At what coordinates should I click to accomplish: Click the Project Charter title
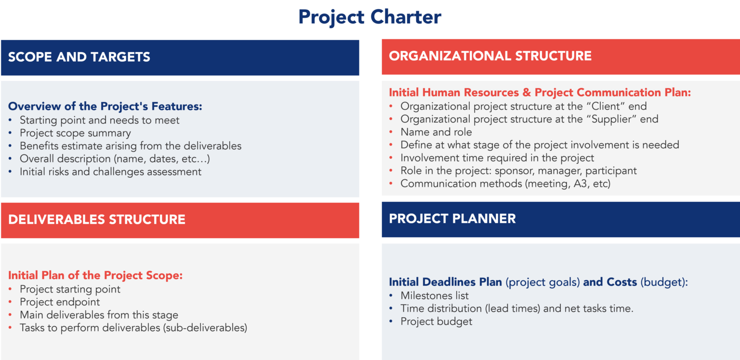tap(370, 17)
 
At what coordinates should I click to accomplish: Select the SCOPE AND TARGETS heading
tap(79, 57)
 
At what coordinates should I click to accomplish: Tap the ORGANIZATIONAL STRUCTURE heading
tap(490, 56)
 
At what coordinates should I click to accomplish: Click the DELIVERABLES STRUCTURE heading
tap(97, 220)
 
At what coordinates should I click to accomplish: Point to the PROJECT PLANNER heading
tap(452, 219)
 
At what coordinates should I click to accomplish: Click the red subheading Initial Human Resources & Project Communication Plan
tap(540, 93)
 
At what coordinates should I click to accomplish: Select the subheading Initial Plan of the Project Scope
tap(95, 276)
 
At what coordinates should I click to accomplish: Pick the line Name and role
tap(436, 132)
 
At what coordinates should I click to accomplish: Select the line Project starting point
tap(70, 289)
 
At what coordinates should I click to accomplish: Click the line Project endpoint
tap(60, 302)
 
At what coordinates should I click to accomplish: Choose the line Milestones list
tap(435, 295)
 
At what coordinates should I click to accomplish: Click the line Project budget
tap(436, 321)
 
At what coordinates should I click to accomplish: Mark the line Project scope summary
tap(75, 133)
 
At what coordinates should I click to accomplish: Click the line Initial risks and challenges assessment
tap(110, 172)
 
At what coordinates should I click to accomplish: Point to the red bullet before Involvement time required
tap(391, 158)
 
